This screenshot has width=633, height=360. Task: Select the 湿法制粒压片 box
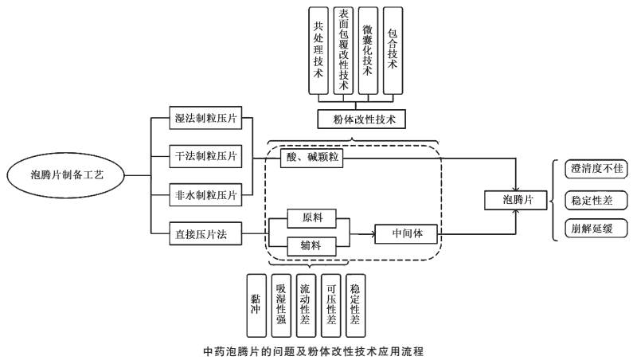click(206, 119)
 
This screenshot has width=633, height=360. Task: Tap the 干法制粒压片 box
click(206, 156)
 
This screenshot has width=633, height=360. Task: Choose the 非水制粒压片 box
click(206, 194)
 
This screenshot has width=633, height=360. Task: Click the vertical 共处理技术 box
click(318, 52)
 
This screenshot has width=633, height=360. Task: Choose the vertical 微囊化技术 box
click(367, 52)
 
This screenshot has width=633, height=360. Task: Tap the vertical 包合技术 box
click(393, 52)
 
